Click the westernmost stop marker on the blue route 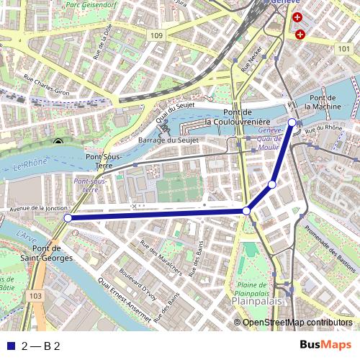(68, 217)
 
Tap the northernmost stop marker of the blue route (292, 122)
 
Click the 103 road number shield (36, 296)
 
